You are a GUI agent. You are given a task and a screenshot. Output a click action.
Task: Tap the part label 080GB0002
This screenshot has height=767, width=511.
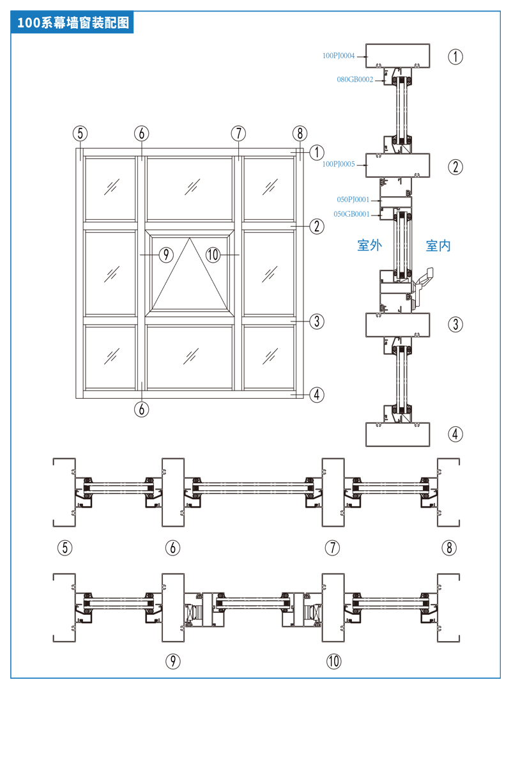[355, 80]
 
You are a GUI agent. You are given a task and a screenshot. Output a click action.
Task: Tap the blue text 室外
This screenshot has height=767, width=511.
[369, 245]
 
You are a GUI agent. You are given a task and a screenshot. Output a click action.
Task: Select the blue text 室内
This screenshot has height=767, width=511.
[438, 245]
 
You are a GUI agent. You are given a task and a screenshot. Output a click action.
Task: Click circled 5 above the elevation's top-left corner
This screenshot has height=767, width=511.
[80, 134]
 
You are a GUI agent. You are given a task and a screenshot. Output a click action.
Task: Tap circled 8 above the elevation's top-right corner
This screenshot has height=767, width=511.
[300, 134]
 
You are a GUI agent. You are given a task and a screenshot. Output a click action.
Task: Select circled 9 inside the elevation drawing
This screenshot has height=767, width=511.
[165, 254]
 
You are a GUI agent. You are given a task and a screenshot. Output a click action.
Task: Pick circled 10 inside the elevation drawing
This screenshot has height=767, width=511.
[213, 254]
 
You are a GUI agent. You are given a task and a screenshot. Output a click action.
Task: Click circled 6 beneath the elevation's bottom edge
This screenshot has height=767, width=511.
[141, 409]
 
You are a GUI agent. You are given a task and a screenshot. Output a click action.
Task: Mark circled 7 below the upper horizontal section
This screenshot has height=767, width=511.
[332, 548]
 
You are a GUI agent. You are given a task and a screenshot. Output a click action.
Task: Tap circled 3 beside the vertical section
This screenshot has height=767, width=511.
[455, 324]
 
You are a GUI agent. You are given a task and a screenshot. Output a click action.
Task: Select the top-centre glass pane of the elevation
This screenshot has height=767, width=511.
[190, 189]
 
